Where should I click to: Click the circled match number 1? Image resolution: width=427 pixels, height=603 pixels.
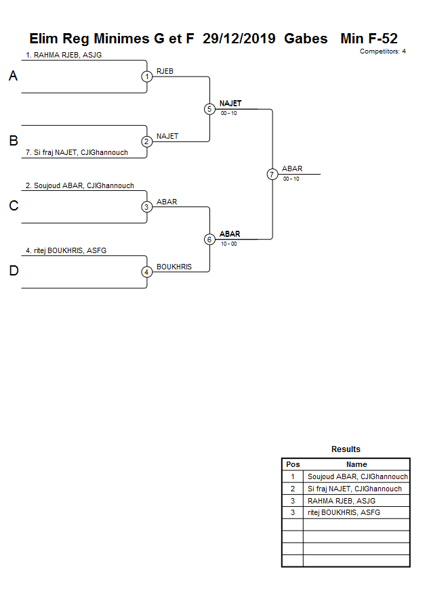(147, 76)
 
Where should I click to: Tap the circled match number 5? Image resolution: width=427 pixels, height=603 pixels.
(209, 109)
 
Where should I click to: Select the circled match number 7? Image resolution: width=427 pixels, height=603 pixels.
(272, 174)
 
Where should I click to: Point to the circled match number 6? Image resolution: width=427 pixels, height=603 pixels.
(209, 240)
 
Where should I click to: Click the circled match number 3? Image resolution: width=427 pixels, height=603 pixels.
(147, 207)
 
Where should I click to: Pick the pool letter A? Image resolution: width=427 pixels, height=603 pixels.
(13, 76)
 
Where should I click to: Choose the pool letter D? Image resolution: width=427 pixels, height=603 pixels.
(13, 271)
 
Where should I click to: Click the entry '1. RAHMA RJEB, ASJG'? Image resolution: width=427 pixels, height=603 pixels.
(64, 55)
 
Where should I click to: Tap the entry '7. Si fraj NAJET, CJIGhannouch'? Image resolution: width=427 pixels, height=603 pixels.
(77, 153)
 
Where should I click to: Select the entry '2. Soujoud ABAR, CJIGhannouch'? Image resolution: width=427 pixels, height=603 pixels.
(80, 185)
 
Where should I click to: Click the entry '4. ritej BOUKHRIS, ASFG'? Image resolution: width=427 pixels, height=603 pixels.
(66, 250)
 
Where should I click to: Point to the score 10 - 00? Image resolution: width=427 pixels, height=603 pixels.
(228, 244)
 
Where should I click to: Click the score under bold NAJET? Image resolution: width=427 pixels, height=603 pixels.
(228, 113)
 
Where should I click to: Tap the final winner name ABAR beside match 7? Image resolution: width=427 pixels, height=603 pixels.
(292, 169)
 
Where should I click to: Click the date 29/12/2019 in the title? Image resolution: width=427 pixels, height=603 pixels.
(239, 39)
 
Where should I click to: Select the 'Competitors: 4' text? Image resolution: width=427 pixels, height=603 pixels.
(382, 51)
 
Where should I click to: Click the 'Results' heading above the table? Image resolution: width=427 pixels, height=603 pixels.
(346, 449)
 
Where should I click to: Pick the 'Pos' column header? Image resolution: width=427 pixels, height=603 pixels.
(293, 464)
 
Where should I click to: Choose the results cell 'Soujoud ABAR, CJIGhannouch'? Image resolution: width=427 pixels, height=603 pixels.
(357, 476)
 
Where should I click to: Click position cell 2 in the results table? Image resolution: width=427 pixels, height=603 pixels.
(293, 489)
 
